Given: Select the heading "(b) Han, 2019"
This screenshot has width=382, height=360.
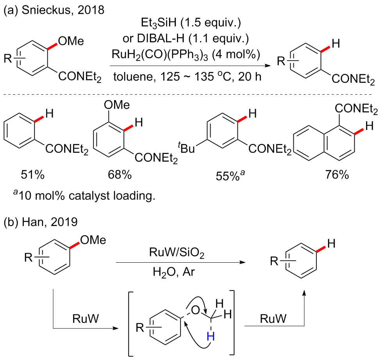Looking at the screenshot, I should pyautogui.click(x=41, y=223).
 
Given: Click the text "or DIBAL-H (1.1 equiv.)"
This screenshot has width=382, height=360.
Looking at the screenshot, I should pyautogui.click(x=185, y=39).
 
